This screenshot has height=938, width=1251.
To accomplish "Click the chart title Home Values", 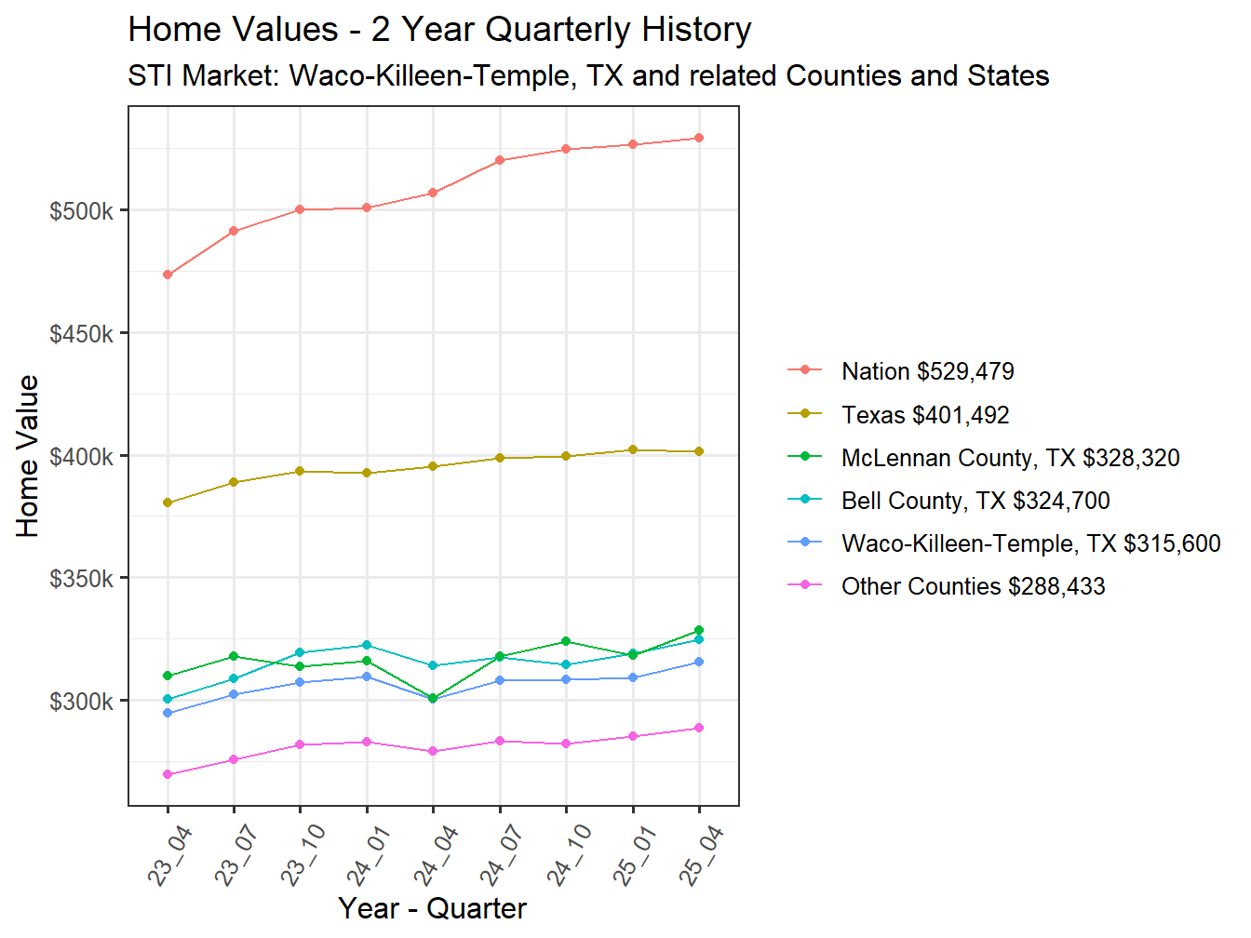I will [439, 30].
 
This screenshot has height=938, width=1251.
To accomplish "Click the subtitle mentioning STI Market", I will [588, 75].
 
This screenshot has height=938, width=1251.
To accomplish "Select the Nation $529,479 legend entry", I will [927, 371].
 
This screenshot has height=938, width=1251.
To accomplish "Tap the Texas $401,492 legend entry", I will [924, 415].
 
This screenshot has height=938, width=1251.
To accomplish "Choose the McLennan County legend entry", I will [1010, 458].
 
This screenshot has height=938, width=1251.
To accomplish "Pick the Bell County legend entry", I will [975, 501].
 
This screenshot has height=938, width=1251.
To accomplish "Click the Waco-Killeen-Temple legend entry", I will [1030, 543].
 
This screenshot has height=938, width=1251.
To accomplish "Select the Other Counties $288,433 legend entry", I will [973, 586].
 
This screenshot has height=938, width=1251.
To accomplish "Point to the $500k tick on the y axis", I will [82, 211].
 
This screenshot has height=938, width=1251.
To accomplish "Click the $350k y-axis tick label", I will [82, 579].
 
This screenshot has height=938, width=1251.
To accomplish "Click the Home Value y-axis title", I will [28, 456].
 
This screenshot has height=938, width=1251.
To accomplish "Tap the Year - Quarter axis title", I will [433, 908].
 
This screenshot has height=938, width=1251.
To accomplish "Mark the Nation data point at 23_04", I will [168, 275].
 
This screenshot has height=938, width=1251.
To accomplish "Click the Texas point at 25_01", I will [633, 449].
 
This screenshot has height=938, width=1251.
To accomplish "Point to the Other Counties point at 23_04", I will [168, 774].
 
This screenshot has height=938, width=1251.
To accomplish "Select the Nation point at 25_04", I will [699, 138].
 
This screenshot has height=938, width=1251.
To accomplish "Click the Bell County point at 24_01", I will [367, 645].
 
